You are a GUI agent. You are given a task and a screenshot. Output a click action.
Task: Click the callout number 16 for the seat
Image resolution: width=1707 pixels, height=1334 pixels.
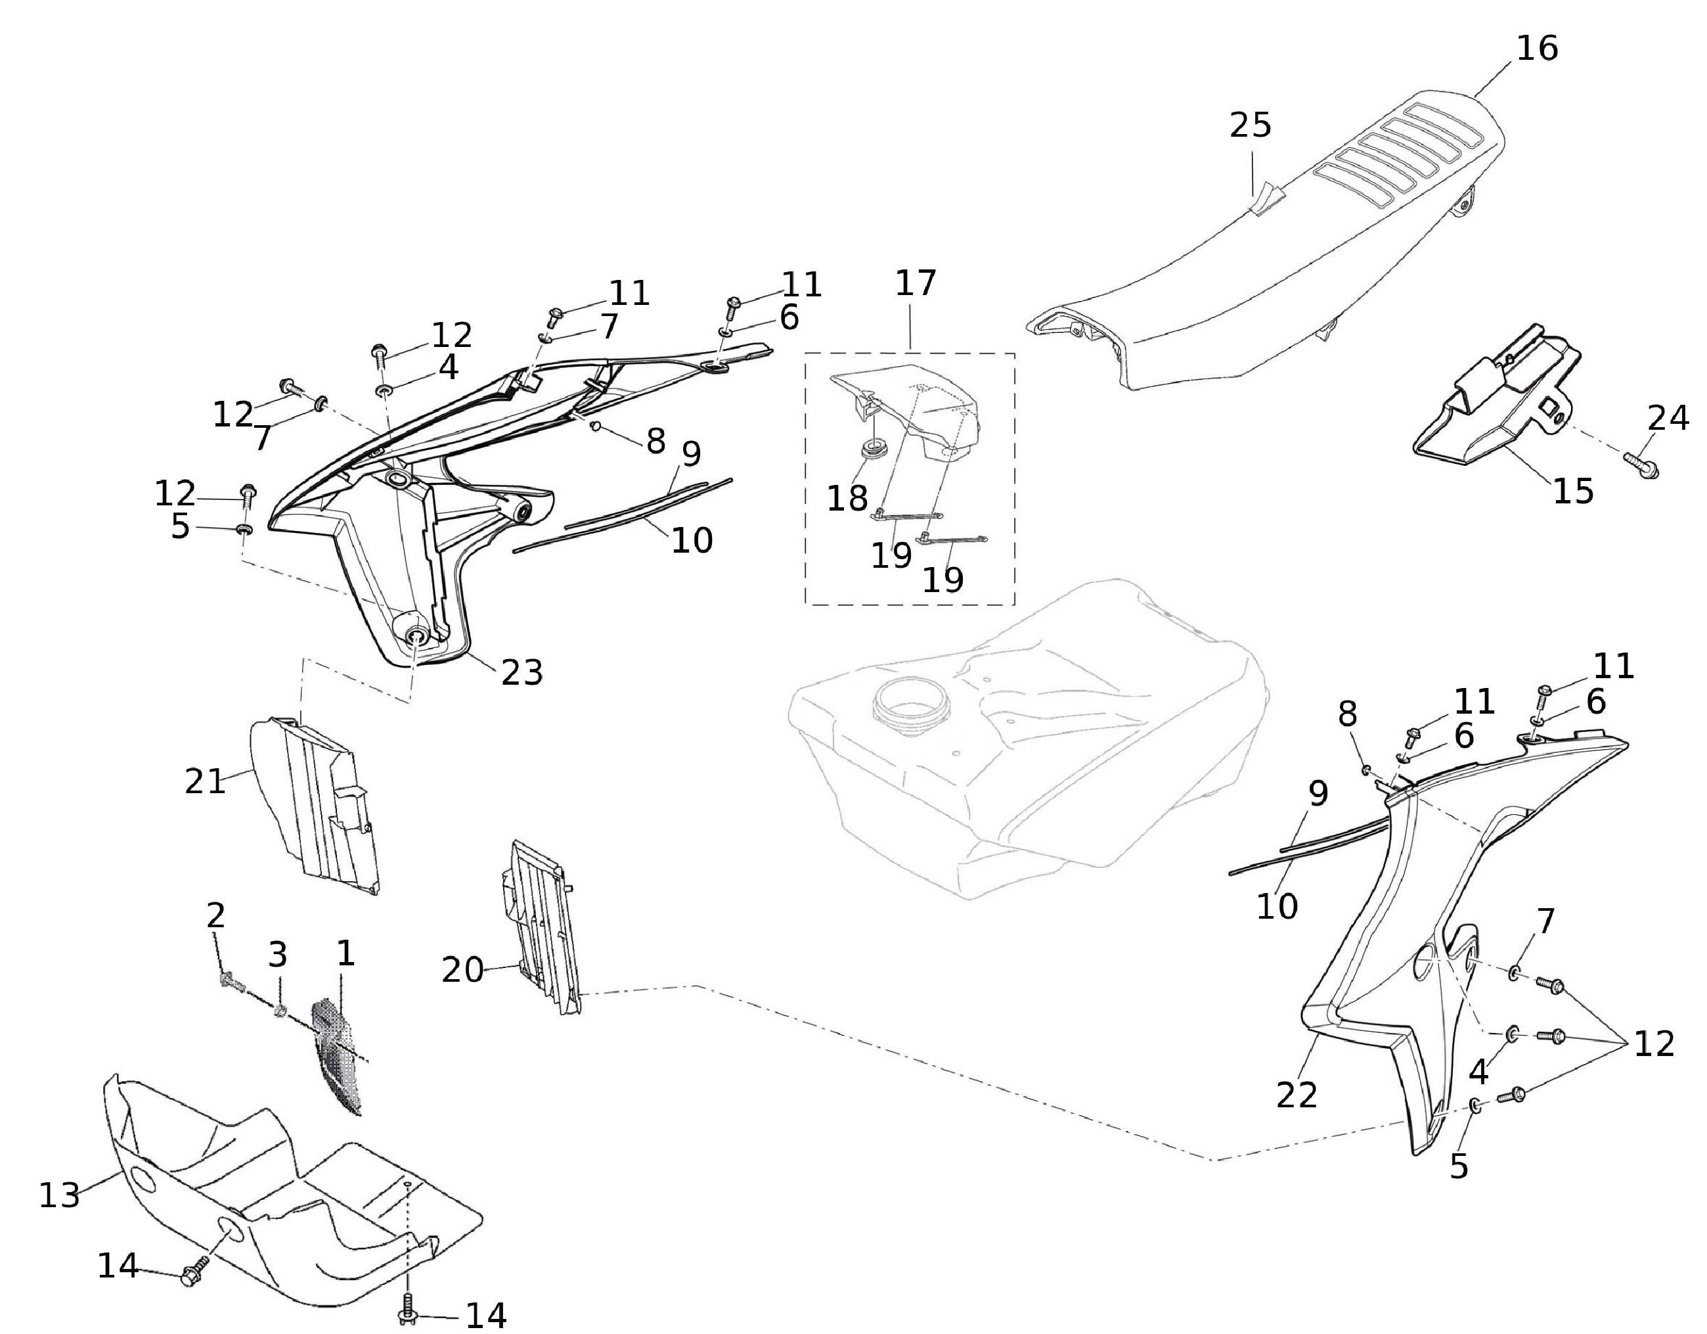[1537, 49]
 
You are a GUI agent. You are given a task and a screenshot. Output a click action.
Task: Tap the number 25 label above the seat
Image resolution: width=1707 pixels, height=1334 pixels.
[1251, 125]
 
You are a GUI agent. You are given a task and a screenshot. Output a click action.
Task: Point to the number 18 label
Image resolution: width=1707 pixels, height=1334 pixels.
[847, 497]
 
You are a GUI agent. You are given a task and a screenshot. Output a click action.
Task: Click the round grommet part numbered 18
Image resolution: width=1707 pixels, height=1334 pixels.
[873, 450]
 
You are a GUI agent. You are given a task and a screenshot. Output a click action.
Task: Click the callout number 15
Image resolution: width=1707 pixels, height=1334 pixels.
[1572, 491]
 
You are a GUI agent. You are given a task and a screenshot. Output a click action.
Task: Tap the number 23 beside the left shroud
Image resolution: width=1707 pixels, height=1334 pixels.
[521, 671]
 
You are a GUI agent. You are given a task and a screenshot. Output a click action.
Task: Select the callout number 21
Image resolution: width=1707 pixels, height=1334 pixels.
[205, 781]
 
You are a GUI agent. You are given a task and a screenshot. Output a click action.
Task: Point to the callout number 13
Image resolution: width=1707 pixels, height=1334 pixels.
[59, 1195]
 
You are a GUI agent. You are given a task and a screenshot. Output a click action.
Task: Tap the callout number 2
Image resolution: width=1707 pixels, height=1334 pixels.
[215, 915]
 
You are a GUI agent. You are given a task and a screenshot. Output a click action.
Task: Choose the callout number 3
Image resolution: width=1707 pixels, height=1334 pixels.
[277, 954]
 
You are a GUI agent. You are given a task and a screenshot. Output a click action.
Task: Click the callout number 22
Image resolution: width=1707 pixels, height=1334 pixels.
[1297, 1095]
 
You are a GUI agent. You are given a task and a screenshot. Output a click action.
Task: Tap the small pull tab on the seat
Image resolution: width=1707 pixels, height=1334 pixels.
[1264, 202]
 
